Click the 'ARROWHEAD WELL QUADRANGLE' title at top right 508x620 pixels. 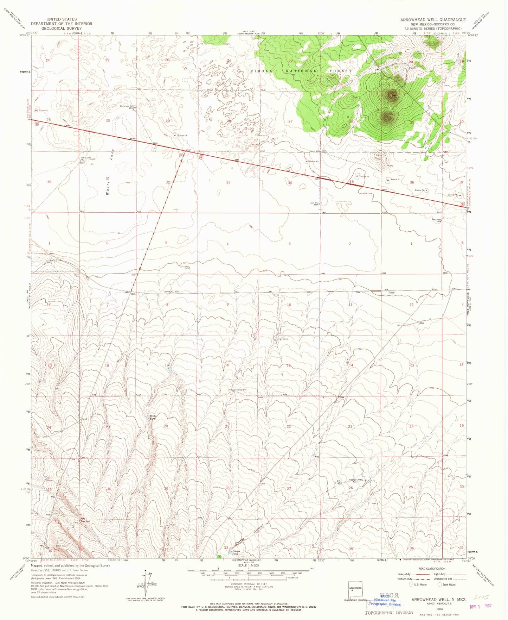pos(433,20)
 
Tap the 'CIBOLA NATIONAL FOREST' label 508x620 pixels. pos(301,71)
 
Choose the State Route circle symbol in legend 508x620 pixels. pos(439,585)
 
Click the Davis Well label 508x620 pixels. pos(185,267)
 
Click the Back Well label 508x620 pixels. pos(436,220)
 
